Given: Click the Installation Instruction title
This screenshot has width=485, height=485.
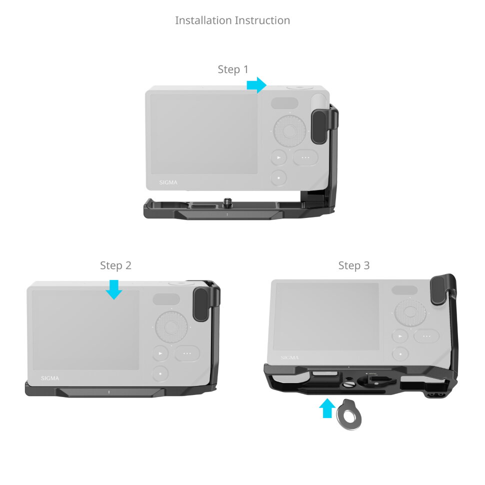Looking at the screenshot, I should pyautogui.click(x=232, y=20).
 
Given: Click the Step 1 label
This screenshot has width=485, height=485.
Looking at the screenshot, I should pyautogui.click(x=233, y=69).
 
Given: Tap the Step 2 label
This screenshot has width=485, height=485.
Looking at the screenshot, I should pyautogui.click(x=115, y=265).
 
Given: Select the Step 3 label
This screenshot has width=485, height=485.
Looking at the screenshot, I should pyautogui.click(x=354, y=265).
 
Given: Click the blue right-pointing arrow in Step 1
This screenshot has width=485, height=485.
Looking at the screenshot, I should pyautogui.click(x=256, y=85).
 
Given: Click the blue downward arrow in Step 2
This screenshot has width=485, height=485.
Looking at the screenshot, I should pyautogui.click(x=114, y=289).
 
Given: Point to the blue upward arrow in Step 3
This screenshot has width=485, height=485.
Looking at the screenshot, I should pyautogui.click(x=326, y=407).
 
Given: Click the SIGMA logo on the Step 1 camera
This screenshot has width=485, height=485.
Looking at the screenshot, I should pyautogui.click(x=168, y=182).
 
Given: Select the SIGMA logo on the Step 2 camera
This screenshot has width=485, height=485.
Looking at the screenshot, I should pyautogui.click(x=50, y=378).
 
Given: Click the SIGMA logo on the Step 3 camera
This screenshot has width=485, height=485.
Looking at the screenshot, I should pyautogui.click(x=289, y=357).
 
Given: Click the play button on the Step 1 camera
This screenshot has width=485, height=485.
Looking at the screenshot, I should pyautogui.click(x=278, y=157).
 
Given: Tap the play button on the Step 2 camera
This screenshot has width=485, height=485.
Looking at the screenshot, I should pyautogui.click(x=160, y=353).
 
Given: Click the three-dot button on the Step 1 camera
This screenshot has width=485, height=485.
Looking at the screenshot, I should pyautogui.click(x=306, y=157).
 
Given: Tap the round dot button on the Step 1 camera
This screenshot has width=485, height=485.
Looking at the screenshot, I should pyautogui.click(x=278, y=177).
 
